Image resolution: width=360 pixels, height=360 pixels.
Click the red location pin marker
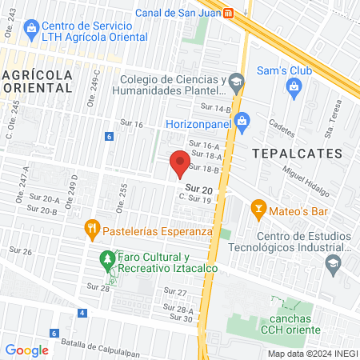[180, 163]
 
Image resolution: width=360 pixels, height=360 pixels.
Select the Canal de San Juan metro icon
[229, 13]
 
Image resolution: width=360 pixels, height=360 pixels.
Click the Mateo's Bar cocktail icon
[258, 210]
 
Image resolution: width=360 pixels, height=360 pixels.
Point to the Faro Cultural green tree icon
[106, 259]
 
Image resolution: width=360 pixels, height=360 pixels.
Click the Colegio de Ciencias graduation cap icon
[236, 80]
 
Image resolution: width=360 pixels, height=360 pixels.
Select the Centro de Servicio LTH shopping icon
[31, 30]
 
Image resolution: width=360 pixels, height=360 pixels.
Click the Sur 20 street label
[198, 189]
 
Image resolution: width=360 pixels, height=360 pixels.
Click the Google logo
[26, 350]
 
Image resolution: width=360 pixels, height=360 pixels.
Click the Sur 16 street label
[131, 124]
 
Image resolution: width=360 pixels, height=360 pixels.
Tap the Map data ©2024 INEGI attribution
[311, 354]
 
